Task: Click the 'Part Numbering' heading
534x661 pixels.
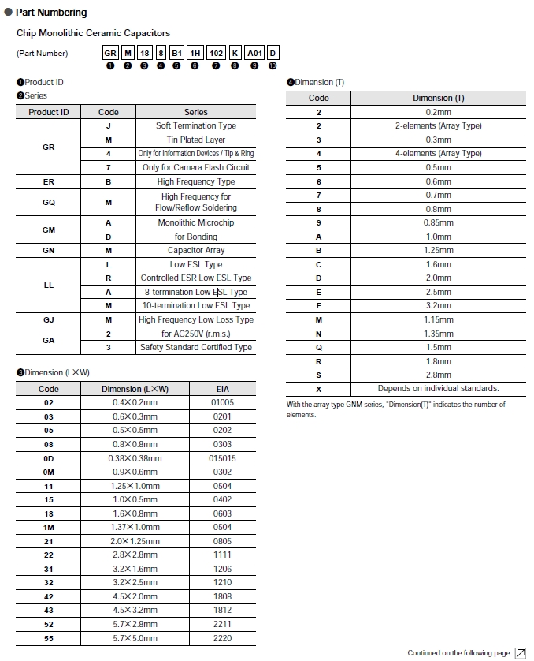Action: tap(51, 13)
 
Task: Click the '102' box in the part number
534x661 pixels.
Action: tap(216, 53)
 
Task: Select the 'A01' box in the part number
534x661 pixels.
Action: tap(254, 53)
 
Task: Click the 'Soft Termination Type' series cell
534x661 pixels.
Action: tap(196, 125)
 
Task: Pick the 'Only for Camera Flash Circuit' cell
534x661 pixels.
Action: tap(196, 167)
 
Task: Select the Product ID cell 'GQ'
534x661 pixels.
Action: tap(48, 202)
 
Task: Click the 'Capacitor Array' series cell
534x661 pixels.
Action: tap(196, 250)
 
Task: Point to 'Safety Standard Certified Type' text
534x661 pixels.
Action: tap(196, 347)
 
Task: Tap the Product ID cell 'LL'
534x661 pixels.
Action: tap(48, 285)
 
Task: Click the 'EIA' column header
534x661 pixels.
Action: tap(222, 389)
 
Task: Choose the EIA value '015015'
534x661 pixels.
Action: tap(222, 458)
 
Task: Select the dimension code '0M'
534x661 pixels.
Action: tap(49, 472)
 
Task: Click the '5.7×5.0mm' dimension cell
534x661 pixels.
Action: tap(135, 638)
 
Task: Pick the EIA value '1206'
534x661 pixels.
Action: tap(222, 569)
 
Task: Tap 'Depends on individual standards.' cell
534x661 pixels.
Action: tap(439, 388)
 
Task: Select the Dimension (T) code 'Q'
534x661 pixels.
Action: tap(319, 347)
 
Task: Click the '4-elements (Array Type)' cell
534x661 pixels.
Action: tap(439, 153)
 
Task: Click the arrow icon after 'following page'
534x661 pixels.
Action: tap(520, 653)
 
